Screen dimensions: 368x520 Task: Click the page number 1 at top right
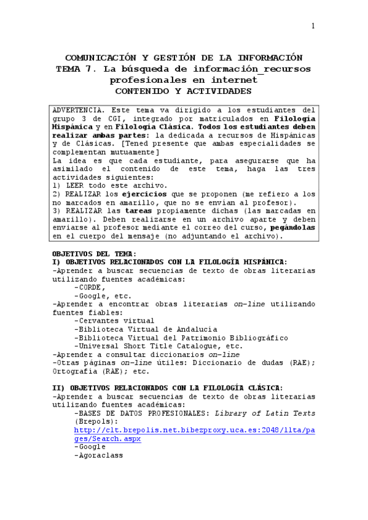click(313, 26)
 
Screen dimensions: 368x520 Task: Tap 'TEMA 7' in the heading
click(75, 69)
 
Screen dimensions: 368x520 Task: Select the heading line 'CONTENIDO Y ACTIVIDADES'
click(184, 91)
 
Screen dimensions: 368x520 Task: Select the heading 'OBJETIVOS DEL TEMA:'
click(94, 253)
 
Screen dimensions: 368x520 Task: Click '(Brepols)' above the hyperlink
click(95, 422)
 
